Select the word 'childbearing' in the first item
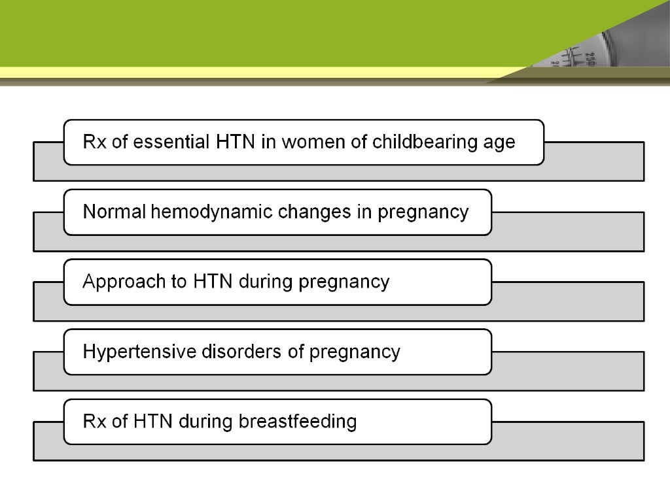pyautogui.click(x=421, y=142)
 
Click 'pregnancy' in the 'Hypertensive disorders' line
pyautogui.click(x=354, y=353)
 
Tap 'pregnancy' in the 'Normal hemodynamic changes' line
pyautogui.click(x=423, y=213)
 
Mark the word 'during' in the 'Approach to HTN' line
pyautogui.click(x=266, y=282)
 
